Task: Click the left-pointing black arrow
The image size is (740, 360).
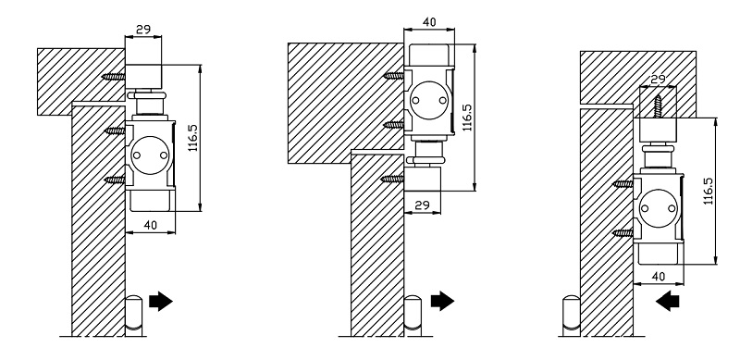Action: (667, 302)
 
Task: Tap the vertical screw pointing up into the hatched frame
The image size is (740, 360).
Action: (658, 106)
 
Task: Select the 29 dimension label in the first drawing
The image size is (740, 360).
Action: (143, 30)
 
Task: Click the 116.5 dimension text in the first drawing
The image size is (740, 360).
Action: (193, 138)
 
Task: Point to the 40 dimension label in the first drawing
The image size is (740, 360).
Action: (150, 226)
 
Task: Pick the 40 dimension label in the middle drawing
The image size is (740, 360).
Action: (429, 21)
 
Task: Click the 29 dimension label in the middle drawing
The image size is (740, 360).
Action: (423, 205)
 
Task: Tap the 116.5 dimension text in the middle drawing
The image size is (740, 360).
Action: (467, 118)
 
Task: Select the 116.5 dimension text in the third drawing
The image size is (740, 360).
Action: (708, 191)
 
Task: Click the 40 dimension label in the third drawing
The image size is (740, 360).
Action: (658, 276)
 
